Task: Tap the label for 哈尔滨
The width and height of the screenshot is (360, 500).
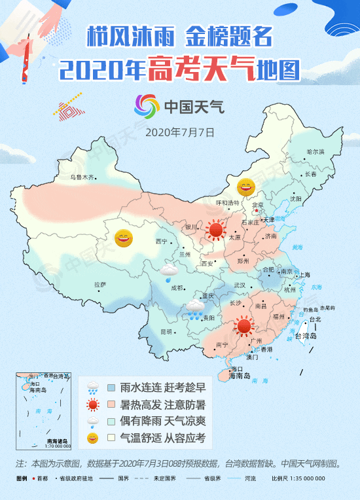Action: (x=315, y=152)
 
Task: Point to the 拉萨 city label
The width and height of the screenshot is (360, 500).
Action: (x=99, y=284)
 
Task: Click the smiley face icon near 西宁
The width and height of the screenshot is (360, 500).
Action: (x=123, y=238)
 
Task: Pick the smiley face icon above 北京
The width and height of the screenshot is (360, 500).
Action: (x=245, y=188)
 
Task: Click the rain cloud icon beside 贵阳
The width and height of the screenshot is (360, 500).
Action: (x=194, y=308)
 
